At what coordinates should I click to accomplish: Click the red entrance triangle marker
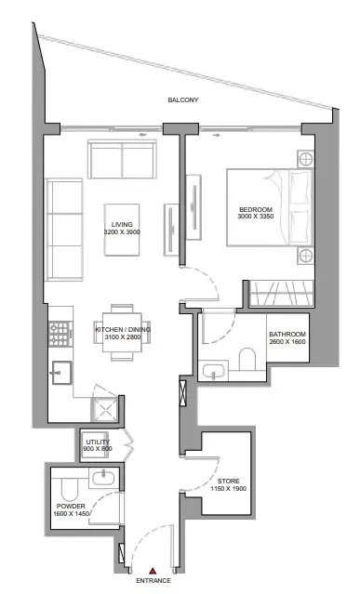click(x=153, y=571)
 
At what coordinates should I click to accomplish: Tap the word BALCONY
click(x=183, y=100)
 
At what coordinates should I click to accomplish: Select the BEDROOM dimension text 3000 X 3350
click(x=256, y=217)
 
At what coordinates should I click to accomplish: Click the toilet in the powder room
click(x=70, y=489)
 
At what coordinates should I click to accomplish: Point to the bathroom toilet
click(x=247, y=359)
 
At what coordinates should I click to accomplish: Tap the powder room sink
click(x=103, y=478)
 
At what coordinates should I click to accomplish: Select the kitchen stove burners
click(x=60, y=334)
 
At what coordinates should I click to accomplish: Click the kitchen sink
click(x=61, y=373)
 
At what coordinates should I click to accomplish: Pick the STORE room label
click(x=229, y=482)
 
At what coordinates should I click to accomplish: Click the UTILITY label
click(x=98, y=442)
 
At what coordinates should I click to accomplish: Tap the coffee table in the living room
click(x=122, y=230)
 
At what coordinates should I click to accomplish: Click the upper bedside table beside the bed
click(x=305, y=159)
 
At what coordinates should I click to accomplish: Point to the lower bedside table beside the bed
click(x=305, y=256)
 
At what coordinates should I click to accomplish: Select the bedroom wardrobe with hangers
click(x=281, y=293)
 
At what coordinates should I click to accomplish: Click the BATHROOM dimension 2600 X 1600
click(x=287, y=342)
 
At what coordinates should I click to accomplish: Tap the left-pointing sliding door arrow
click(x=142, y=135)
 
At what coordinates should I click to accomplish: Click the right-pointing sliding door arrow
click(x=216, y=135)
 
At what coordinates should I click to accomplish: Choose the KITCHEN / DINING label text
click(x=123, y=330)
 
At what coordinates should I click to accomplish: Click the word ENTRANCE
click(x=153, y=580)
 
